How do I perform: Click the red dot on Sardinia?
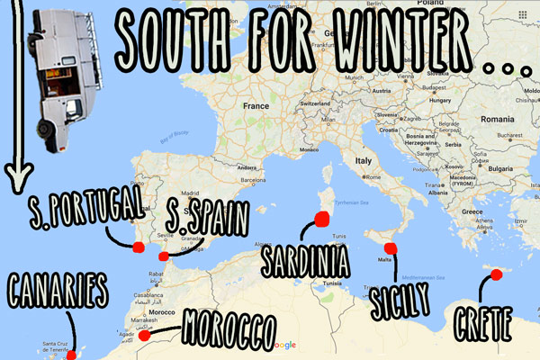pyautogui.click(x=322, y=218)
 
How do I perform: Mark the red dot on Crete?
pyautogui.click(x=492, y=274)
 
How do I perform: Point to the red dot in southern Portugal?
pyautogui.click(x=138, y=247)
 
